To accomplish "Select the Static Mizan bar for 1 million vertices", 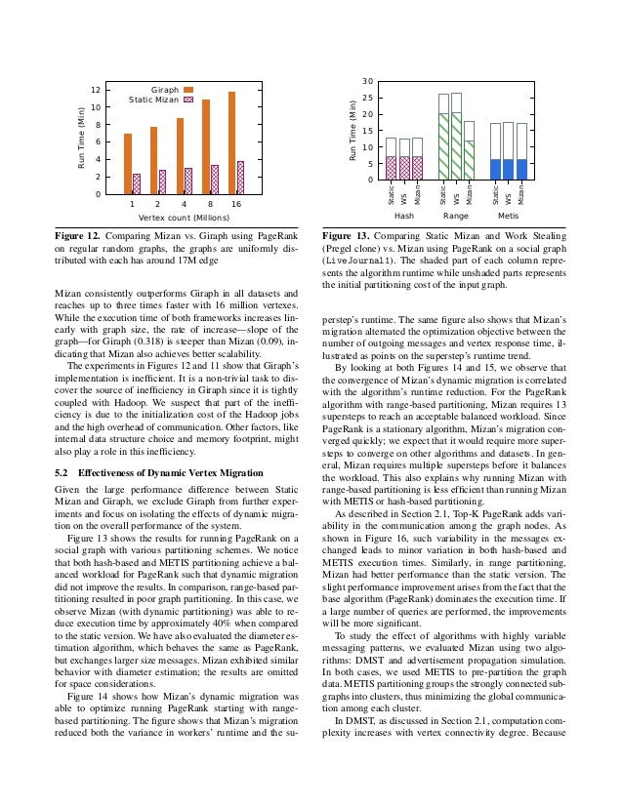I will [137, 183].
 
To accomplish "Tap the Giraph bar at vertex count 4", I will [180, 156].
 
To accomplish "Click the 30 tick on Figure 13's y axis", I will [366, 81].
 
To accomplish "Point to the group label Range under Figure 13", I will [456, 215].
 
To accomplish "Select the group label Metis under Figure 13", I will [508, 215].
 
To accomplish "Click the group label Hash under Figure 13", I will [403, 215].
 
